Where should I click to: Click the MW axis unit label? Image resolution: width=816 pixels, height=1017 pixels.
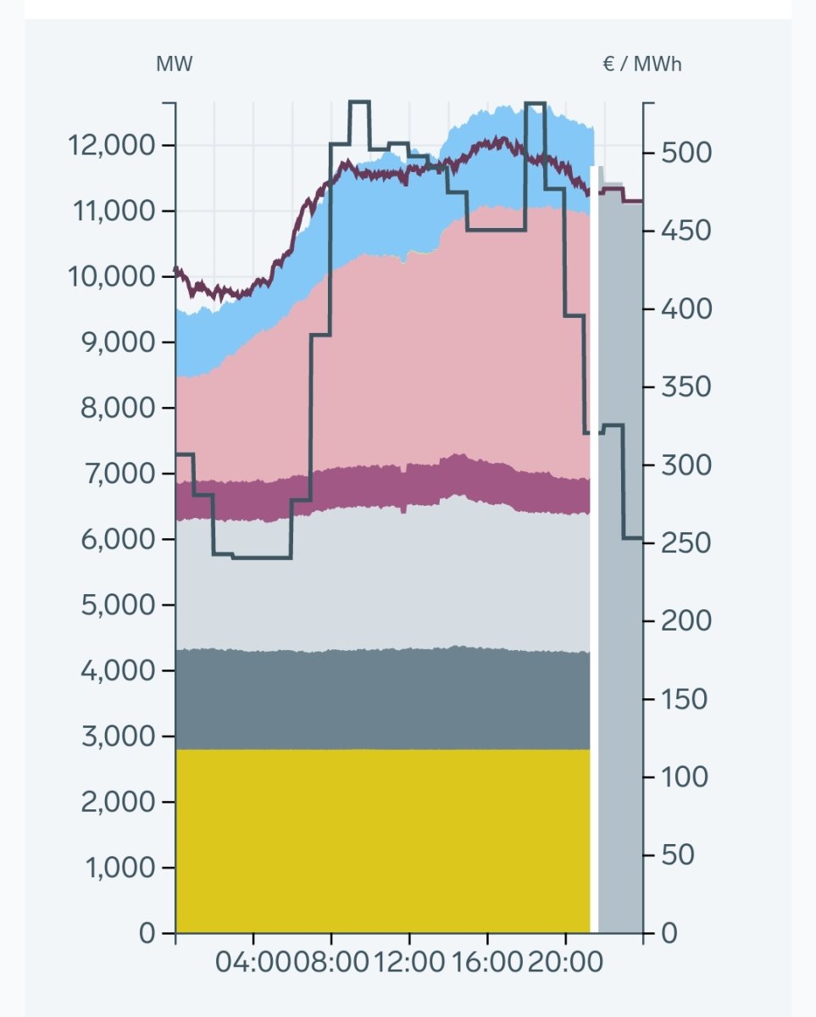click(x=174, y=64)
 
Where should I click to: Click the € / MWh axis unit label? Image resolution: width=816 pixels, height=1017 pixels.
click(x=641, y=64)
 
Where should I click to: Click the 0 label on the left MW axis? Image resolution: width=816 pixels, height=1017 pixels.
click(x=147, y=933)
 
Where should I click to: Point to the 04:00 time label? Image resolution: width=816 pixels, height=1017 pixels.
click(x=253, y=963)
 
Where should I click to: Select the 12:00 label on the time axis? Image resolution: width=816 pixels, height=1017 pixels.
click(x=409, y=963)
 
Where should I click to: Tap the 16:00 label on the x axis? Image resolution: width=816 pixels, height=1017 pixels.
click(x=487, y=963)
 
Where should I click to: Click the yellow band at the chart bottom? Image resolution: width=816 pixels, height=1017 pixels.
click(x=381, y=839)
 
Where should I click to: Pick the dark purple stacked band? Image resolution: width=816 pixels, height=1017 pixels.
click(x=381, y=487)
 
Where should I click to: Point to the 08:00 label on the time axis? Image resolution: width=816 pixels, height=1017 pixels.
click(x=331, y=963)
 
